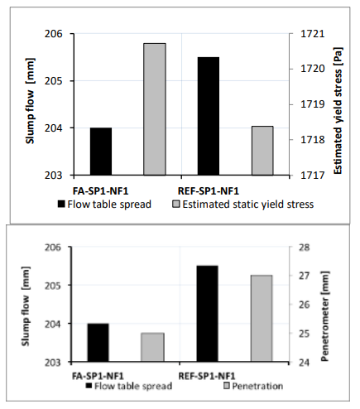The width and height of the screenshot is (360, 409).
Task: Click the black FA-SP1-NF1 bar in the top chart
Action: point(101,152)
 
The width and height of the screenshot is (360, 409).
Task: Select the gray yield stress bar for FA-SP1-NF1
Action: point(155,109)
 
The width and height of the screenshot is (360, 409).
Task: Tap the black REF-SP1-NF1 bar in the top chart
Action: point(209,116)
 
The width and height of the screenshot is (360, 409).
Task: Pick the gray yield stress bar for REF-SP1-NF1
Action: point(262,151)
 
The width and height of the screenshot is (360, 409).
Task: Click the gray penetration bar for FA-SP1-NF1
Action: point(152,347)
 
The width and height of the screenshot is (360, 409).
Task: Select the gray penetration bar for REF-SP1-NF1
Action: point(262,318)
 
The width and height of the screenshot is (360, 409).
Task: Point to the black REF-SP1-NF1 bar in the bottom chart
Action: point(207,314)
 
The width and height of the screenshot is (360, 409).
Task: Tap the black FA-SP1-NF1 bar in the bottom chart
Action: point(98,343)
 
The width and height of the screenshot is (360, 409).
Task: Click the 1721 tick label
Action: point(313,34)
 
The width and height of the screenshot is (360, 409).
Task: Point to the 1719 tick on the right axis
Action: point(313,104)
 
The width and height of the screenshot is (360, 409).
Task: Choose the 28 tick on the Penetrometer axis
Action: point(305,248)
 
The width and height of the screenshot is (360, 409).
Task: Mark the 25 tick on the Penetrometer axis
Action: point(305,334)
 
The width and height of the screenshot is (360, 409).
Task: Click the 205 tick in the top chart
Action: point(54,81)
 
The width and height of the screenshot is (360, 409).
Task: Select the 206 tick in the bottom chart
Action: point(52,248)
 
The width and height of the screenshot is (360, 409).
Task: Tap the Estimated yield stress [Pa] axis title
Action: point(338,111)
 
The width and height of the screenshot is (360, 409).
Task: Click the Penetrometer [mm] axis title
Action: point(325,316)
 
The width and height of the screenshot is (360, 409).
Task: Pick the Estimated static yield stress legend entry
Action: point(243,204)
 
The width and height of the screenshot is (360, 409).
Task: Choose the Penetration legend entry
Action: point(253,386)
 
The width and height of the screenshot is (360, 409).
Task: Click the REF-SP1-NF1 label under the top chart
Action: point(209,191)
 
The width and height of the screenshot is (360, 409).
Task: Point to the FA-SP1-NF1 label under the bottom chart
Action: point(98,376)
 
